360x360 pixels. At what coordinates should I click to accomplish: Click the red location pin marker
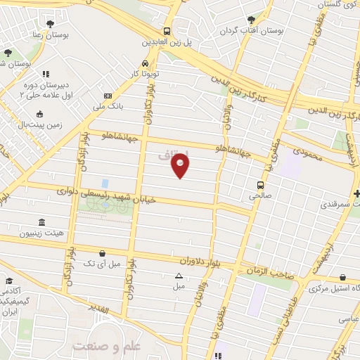tap(181, 166)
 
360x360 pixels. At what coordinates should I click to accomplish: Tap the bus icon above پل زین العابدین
tap(167, 31)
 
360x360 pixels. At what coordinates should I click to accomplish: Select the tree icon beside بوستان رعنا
tap(8, 53)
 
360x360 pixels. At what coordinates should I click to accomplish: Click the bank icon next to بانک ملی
tap(107, 96)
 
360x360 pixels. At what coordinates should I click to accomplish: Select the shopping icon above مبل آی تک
tap(103, 253)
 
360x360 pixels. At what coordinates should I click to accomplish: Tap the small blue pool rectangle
tap(105, 184)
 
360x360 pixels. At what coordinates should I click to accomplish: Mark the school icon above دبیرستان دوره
tap(46, 73)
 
